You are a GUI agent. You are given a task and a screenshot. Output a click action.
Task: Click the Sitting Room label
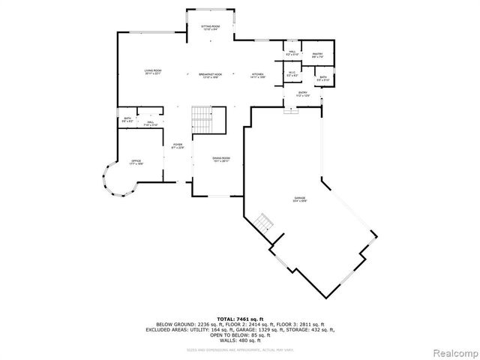point(210,28)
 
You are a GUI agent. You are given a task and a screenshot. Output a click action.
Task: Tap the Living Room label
point(153,72)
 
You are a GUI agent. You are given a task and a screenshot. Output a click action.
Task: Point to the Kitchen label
point(258,76)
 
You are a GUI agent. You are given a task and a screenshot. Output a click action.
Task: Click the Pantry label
point(317,55)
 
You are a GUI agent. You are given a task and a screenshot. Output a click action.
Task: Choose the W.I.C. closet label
point(292,74)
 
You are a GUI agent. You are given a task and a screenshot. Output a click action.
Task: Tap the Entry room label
point(302,94)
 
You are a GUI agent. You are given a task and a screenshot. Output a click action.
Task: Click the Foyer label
point(178,146)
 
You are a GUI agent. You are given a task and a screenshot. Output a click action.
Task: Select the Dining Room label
point(220,160)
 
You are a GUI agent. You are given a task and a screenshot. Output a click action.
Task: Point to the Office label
point(136,162)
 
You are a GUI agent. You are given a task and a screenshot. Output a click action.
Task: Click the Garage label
point(300,200)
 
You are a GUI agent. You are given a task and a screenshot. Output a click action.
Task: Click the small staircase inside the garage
point(262,223)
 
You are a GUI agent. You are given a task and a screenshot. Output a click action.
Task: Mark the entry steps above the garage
point(291,110)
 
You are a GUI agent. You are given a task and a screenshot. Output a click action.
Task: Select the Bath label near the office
point(127,120)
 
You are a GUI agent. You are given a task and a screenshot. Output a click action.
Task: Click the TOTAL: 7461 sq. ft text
point(240,319)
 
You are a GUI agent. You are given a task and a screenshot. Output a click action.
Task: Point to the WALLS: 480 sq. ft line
point(240,340)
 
